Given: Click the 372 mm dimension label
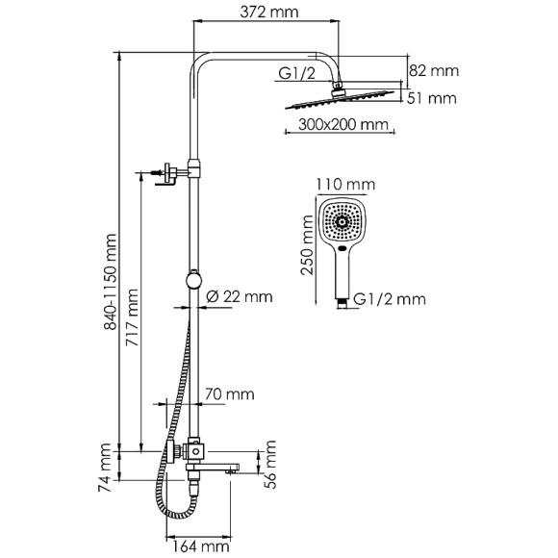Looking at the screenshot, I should (270, 13).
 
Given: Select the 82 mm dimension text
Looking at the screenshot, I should (434, 70).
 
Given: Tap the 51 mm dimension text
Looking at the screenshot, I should (434, 97).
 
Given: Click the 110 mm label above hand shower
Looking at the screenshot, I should (345, 184).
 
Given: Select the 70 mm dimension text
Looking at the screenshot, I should (228, 393).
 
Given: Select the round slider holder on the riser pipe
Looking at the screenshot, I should (195, 281).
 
